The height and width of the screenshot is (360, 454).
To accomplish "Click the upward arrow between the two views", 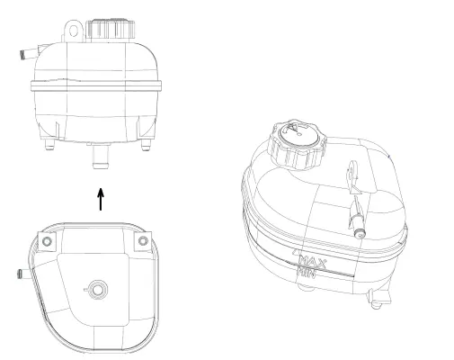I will click(x=100, y=198).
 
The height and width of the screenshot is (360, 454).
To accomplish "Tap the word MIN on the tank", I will click(x=307, y=273).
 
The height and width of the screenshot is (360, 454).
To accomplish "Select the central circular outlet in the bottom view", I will click(x=98, y=290).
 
